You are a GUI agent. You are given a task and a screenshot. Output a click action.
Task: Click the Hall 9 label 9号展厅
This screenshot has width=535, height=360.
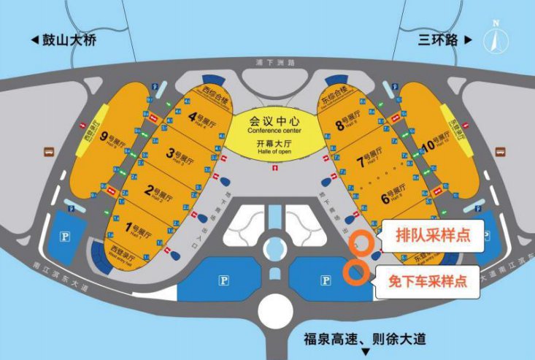[x=119, y=136]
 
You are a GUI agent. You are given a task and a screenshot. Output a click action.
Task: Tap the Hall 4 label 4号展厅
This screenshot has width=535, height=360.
[x=204, y=117]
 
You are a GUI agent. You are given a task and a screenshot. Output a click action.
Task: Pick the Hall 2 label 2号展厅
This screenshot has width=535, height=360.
[x=158, y=191]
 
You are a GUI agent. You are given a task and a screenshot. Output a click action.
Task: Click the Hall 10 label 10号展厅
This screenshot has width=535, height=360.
[x=436, y=143]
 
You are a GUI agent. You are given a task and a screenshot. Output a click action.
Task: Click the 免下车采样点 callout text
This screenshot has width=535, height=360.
[x=429, y=279]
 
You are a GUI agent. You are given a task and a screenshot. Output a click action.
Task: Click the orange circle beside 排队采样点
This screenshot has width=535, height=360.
[x=361, y=242]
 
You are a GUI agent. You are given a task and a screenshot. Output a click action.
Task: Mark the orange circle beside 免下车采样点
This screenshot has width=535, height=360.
[x=355, y=272]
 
